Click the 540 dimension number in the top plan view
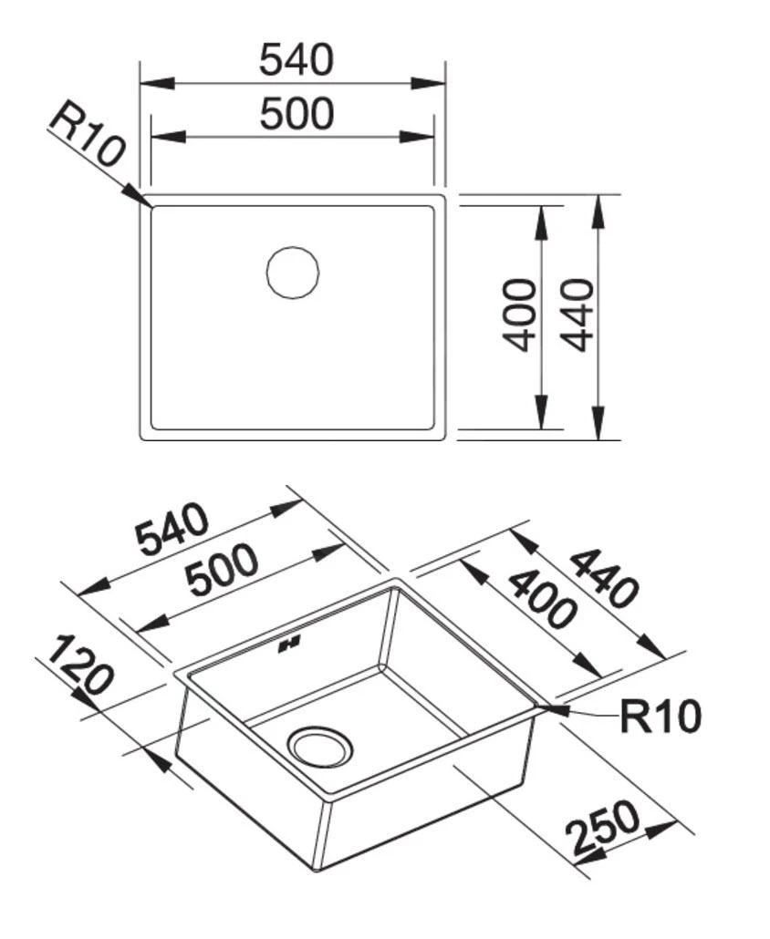click(x=297, y=60)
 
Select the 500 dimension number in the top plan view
click(x=297, y=115)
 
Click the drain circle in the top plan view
click(x=293, y=272)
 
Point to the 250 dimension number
click(x=602, y=827)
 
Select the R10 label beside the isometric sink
click(x=661, y=717)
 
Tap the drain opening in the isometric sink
click(x=318, y=744)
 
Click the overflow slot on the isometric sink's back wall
click(x=290, y=646)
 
